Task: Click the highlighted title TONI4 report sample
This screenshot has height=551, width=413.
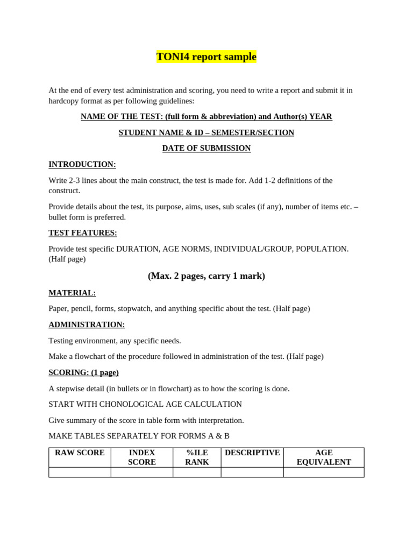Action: click(x=206, y=56)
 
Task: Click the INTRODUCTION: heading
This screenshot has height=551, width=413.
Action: click(x=82, y=164)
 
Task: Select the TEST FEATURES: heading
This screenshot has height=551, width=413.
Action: click(x=83, y=232)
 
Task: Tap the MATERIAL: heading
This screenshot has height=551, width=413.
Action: click(x=72, y=293)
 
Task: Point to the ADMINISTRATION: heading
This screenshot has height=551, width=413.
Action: click(x=87, y=324)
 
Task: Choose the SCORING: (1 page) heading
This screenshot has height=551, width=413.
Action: click(x=83, y=372)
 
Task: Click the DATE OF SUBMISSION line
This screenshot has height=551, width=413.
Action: click(x=206, y=148)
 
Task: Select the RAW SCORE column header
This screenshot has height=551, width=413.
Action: click(x=80, y=453)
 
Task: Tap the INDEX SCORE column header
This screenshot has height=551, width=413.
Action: click(x=142, y=457)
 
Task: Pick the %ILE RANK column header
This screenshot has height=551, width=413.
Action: click(x=197, y=457)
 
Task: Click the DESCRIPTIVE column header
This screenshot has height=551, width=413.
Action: click(x=252, y=453)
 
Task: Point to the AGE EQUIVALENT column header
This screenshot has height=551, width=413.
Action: click(x=324, y=457)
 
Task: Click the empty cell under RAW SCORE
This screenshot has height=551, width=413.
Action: click(x=80, y=472)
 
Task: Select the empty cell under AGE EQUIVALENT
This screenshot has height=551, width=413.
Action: click(x=324, y=472)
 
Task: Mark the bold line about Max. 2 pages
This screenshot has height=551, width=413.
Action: click(x=206, y=275)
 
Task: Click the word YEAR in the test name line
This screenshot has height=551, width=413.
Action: click(x=321, y=116)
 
